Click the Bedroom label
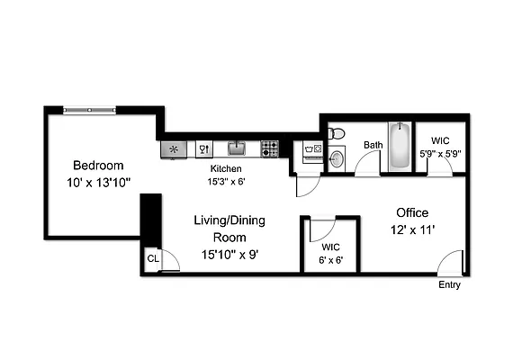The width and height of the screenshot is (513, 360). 98,166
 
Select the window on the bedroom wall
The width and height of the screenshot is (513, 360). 89,110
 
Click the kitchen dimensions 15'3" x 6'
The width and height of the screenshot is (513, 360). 227,180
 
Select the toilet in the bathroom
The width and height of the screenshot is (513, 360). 336,134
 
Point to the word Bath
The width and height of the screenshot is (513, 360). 373,145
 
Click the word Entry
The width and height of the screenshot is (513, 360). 449,285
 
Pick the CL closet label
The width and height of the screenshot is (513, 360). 153,259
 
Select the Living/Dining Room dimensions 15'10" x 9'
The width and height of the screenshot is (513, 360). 229,254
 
